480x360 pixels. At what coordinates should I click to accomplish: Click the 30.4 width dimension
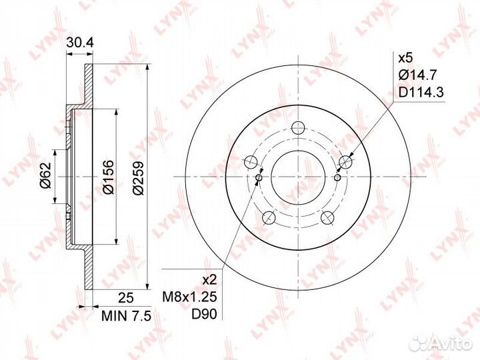[80, 43]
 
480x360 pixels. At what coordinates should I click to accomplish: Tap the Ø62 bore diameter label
[45, 175]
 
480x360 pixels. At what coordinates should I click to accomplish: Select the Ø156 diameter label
[109, 177]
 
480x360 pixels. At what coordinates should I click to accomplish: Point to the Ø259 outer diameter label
[138, 177]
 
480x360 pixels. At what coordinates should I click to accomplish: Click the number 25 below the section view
[126, 297]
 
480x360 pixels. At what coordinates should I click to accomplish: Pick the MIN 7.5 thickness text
[126, 316]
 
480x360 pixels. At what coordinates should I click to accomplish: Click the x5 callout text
[405, 58]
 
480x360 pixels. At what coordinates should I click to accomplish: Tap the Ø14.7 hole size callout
[417, 75]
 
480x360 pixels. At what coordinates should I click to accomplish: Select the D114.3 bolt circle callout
[421, 92]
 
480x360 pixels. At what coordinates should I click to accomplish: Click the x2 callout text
[210, 279]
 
